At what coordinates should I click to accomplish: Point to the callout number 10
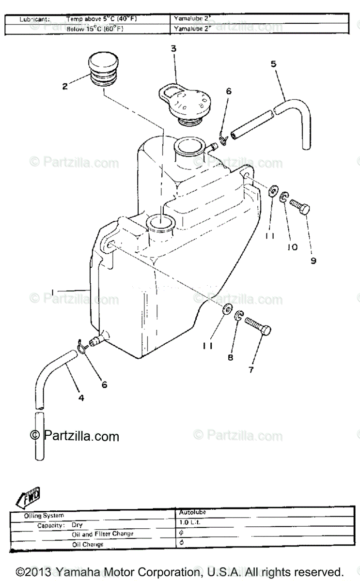click(292, 247)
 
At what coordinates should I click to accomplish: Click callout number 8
click(230, 357)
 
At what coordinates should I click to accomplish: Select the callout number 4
click(81, 398)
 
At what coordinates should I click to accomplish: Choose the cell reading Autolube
click(189, 511)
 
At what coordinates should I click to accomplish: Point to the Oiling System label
click(44, 516)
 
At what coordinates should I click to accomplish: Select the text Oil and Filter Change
click(103, 534)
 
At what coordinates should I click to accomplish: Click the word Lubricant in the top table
click(34, 19)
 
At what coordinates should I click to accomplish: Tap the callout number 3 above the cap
click(173, 48)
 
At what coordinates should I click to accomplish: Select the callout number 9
click(313, 260)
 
